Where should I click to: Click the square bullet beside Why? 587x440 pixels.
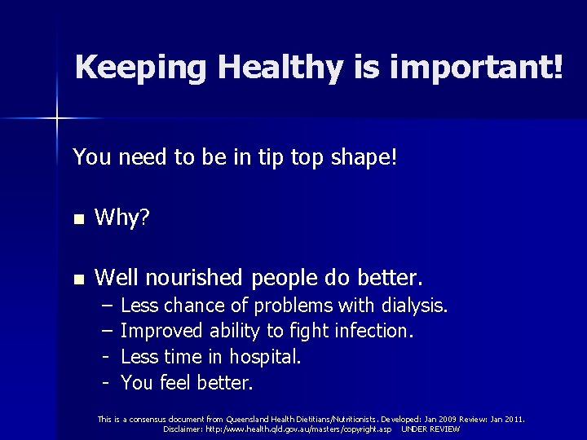[x=77, y=220]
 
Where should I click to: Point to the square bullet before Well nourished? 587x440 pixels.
[x=77, y=279]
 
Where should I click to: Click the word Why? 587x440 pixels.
[x=121, y=219]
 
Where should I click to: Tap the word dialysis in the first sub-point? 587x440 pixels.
[x=413, y=306]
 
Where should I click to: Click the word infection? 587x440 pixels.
[x=376, y=332]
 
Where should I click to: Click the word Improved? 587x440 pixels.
[x=161, y=332]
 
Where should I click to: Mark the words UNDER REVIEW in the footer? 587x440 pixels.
[x=430, y=429]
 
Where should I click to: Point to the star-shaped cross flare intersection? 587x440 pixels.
[x=57, y=120]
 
